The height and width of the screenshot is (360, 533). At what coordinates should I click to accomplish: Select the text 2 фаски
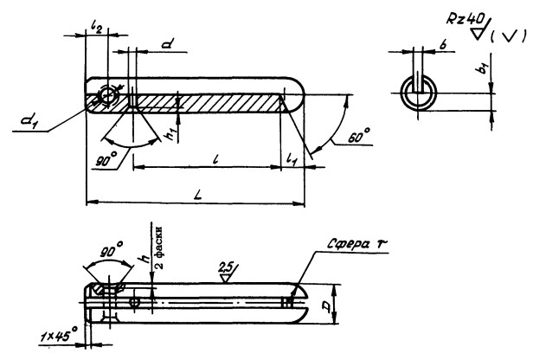(x=159, y=243)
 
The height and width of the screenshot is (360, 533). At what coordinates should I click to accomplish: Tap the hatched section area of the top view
(x=208, y=103)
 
